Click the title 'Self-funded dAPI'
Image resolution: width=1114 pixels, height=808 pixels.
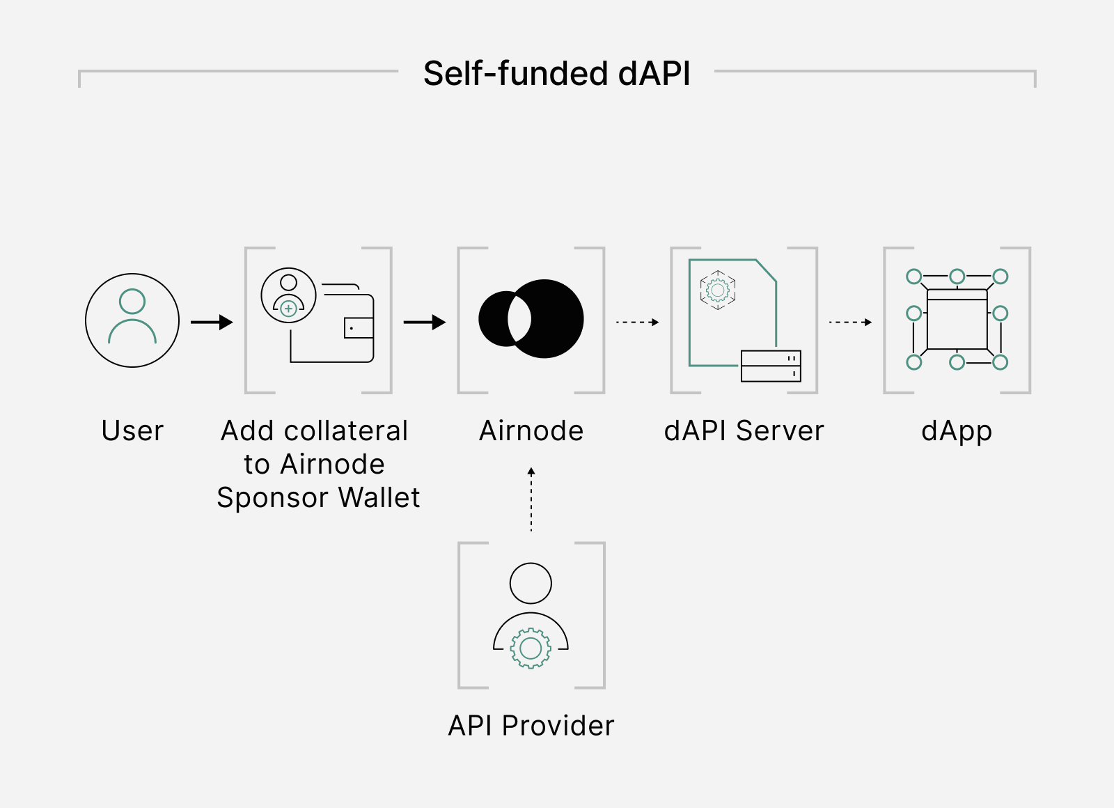coord(556,74)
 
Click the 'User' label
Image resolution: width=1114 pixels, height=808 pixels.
coord(132,430)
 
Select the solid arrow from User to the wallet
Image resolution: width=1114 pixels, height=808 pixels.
coord(212,323)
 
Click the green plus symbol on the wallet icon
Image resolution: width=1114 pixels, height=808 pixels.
coord(288,309)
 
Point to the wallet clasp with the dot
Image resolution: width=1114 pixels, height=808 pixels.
coord(359,328)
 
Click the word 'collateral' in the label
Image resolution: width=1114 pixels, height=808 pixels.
coord(346,430)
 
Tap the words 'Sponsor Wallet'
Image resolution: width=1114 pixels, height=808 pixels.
coord(318,497)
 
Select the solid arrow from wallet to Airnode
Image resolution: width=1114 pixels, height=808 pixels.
coord(425,323)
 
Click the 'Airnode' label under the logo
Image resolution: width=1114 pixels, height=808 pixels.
coord(531,430)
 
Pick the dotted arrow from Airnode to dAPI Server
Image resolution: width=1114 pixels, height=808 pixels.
coord(638,323)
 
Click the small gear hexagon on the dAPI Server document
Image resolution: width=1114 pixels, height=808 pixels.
coord(718,290)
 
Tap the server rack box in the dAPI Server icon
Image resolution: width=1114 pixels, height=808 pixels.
coord(771,366)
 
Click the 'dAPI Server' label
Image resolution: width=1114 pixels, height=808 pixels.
coord(744,430)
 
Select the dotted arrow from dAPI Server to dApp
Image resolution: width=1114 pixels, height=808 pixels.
coord(850,323)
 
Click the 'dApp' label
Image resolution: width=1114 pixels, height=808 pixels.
coord(957,431)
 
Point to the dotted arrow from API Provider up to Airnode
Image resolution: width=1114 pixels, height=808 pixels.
coord(531,499)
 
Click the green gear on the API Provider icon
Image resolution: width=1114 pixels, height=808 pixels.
coord(531,648)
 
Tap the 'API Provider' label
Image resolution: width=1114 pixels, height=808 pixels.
coord(531,725)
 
